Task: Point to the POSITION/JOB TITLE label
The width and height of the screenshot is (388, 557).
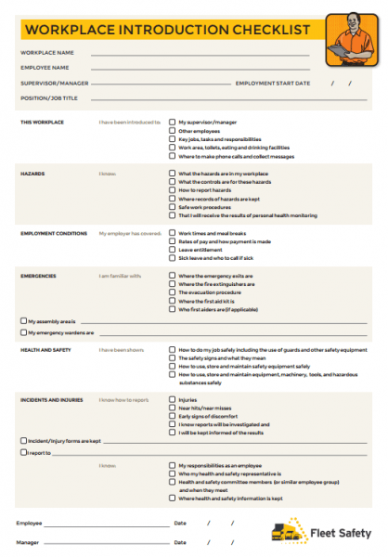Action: (x=49, y=97)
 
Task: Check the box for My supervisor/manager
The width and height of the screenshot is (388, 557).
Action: (x=172, y=122)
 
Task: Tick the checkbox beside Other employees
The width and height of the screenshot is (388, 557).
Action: (x=172, y=131)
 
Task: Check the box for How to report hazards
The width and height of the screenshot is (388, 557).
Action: (x=172, y=190)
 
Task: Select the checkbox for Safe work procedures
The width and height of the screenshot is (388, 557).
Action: (x=172, y=206)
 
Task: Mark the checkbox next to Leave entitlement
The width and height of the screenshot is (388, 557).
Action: (x=172, y=249)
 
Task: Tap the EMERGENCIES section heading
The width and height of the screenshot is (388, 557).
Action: (x=39, y=276)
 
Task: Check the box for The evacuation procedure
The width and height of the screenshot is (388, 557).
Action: (x=172, y=292)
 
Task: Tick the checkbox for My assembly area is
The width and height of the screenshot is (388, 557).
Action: (x=23, y=320)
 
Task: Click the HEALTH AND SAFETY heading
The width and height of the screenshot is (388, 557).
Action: (x=45, y=350)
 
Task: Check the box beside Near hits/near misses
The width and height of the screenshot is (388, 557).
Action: (x=172, y=407)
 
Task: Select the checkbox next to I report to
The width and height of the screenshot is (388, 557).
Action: (x=23, y=452)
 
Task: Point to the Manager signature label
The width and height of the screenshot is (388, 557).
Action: (x=28, y=541)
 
